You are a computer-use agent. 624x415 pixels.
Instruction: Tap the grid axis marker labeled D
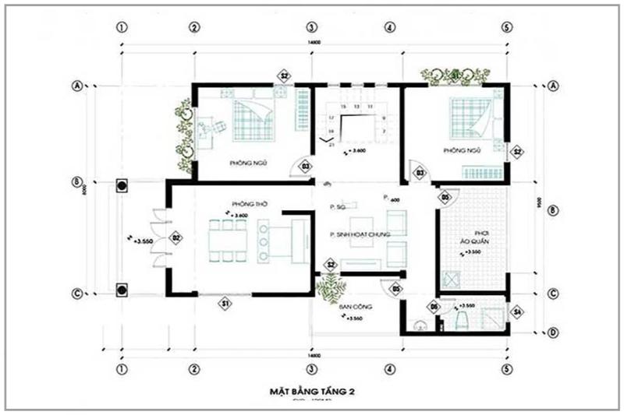coord(554,333)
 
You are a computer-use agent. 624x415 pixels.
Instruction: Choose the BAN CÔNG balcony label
coord(354,307)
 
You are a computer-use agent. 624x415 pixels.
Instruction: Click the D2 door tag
coord(176,237)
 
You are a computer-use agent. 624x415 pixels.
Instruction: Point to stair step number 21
coord(331,145)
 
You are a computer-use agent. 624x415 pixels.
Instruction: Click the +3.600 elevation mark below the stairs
coord(354,150)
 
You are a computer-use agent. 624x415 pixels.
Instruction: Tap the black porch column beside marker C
coord(122,291)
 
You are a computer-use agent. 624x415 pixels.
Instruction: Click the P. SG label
coord(338,208)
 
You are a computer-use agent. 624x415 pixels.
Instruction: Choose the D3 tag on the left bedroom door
coord(306,166)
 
